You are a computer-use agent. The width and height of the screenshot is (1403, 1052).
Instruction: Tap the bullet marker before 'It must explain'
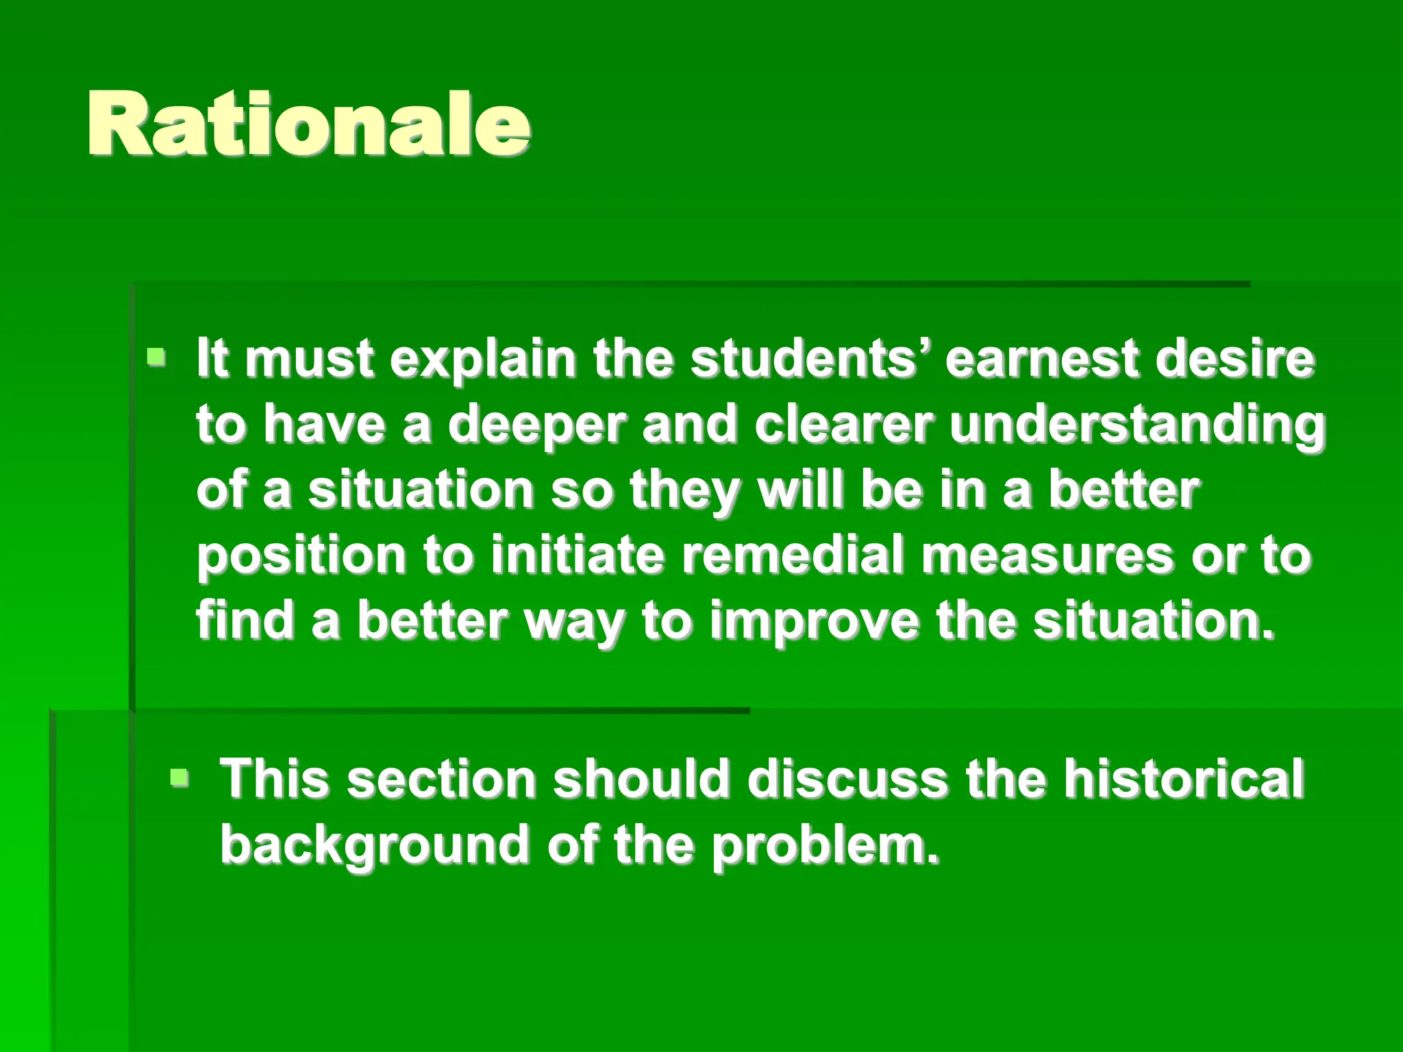coord(157,357)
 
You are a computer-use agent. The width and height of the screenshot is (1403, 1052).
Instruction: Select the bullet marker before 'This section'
coord(180,777)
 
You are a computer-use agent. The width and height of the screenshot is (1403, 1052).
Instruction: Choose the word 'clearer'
coord(843,424)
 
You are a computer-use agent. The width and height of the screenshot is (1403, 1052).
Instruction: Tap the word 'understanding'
coord(1137,425)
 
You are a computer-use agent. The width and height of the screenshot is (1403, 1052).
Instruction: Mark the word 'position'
coord(301,556)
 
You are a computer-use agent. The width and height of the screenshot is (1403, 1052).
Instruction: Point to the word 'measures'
coord(1047,556)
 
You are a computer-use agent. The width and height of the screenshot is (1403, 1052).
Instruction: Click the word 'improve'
coord(814,622)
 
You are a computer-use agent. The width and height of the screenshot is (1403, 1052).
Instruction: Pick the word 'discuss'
coord(847,779)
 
